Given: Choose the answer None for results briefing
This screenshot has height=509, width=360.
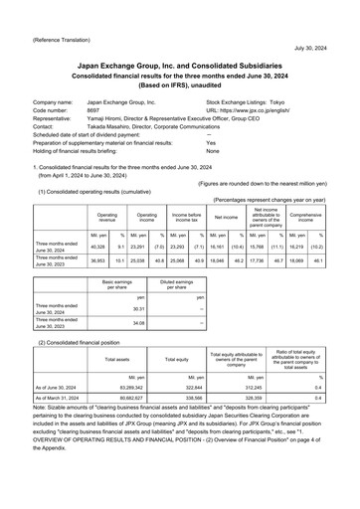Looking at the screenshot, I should pos(212,151).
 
